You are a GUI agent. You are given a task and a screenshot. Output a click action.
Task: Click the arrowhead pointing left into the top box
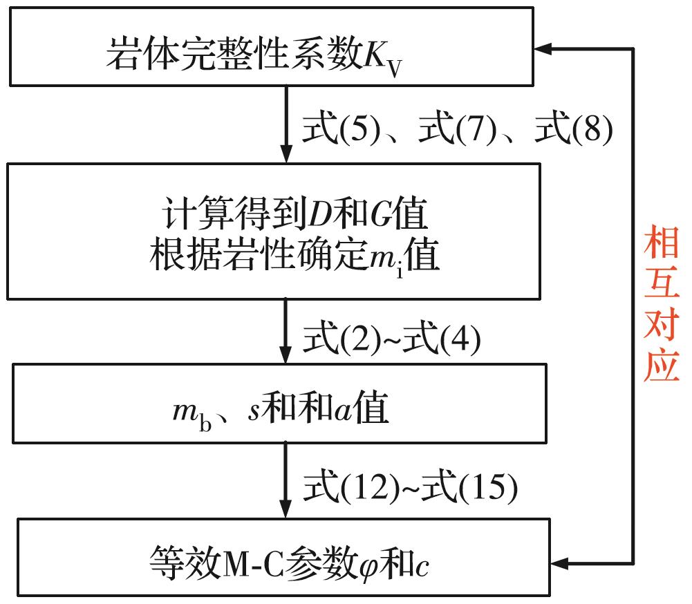(541, 48)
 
